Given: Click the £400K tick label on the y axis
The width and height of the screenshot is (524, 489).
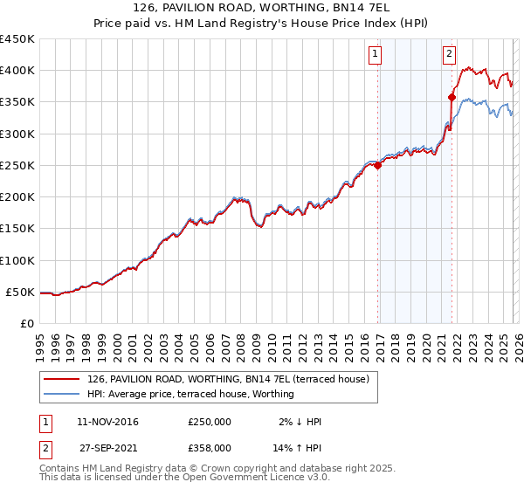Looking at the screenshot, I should tap(17, 71).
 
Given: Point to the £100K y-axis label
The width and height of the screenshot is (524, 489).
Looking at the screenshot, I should tap(17, 260).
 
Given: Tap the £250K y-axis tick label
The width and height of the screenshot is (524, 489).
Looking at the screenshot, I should tap(17, 165).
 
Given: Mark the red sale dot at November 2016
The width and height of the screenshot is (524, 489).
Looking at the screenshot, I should tap(377, 166).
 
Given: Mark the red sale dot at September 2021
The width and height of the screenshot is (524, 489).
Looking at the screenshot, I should tap(452, 97).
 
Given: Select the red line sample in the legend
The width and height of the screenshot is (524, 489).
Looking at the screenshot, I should tap(61, 379).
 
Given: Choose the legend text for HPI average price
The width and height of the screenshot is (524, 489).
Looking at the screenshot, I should tap(190, 394).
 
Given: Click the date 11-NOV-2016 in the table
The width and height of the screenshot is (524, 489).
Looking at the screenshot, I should tap(107, 422).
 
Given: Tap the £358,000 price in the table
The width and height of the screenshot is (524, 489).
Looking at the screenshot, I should tap(210, 447).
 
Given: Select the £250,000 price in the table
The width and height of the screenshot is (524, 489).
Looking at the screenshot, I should tap(210, 422).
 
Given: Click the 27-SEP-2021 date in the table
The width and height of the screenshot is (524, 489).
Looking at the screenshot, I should tap(107, 447).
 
